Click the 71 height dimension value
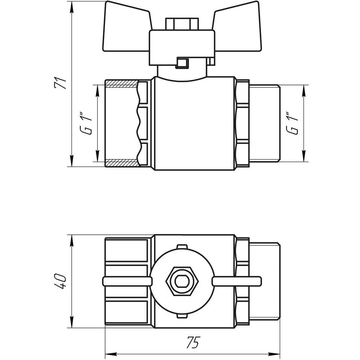tap(60, 83)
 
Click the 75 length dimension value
tap(194, 343)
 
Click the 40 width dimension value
tap(60, 281)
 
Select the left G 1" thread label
tap(86, 123)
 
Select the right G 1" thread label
tap(292, 123)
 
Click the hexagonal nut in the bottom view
tap(182, 281)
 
